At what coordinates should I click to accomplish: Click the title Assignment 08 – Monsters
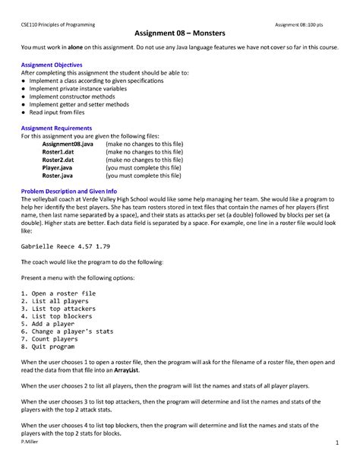point(179,33)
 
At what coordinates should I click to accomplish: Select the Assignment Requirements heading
point(58,128)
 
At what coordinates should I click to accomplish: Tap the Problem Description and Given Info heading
point(69,191)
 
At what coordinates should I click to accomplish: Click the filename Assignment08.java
point(68,144)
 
